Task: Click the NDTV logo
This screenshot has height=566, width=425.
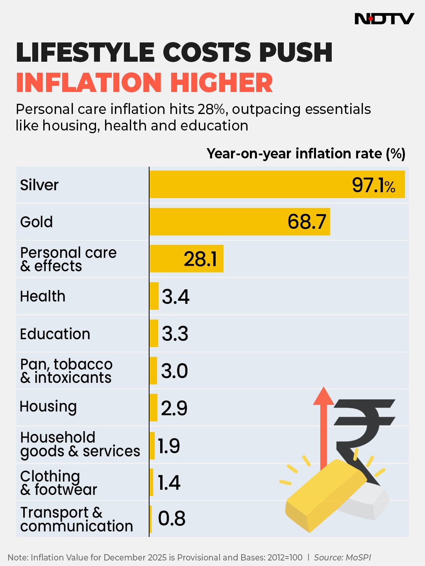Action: (384, 18)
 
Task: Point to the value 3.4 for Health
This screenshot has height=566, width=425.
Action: (176, 296)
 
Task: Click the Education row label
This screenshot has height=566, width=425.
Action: (55, 334)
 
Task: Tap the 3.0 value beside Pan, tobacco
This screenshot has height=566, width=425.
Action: (174, 371)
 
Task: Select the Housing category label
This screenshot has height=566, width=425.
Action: (48, 407)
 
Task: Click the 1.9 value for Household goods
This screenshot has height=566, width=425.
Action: (169, 446)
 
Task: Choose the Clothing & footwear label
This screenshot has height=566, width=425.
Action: (58, 483)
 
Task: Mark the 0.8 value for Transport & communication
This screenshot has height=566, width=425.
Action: (172, 518)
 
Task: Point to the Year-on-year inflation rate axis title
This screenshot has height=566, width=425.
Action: (306, 154)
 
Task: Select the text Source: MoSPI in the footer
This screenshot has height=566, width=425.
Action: (342, 557)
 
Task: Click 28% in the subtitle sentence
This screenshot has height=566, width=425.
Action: (212, 109)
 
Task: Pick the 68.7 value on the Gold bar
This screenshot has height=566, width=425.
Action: (307, 222)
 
